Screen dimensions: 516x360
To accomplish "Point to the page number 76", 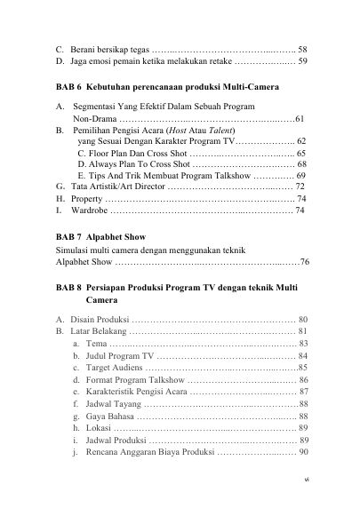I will tap(304, 263).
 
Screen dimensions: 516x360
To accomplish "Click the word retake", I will tap(220, 62).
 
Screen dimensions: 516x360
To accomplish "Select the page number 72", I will tap(300, 187).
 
